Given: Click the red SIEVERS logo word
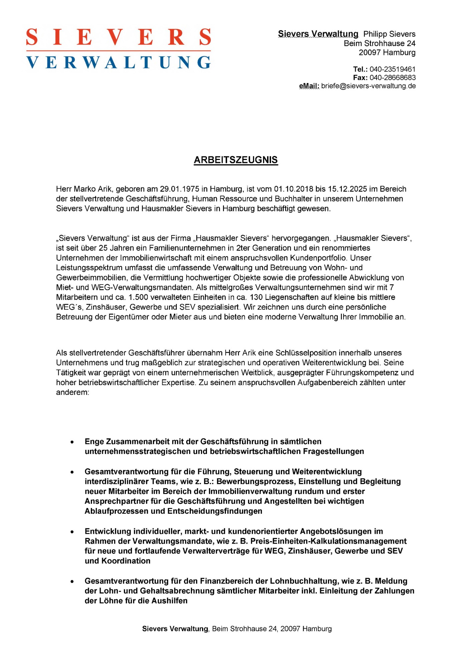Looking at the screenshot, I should [119, 37].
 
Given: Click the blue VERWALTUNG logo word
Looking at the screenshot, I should [119, 62].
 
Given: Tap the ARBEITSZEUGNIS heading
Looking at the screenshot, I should [236, 160].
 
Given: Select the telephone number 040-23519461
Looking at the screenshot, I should [392, 69].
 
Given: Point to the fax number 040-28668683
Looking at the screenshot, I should [392, 77].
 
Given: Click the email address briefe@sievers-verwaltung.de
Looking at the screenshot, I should [368, 86].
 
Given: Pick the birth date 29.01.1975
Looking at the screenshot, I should [179, 189].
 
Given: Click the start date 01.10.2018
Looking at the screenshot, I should [294, 189].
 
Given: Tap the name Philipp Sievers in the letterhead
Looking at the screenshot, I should [389, 34].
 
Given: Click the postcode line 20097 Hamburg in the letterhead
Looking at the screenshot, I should [387, 52].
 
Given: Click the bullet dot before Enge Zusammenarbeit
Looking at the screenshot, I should [72, 442].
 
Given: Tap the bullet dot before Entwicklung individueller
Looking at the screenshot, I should [72, 532].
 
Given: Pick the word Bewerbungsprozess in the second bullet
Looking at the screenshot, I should [255, 482].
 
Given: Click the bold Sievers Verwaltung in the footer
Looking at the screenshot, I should [175, 629].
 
